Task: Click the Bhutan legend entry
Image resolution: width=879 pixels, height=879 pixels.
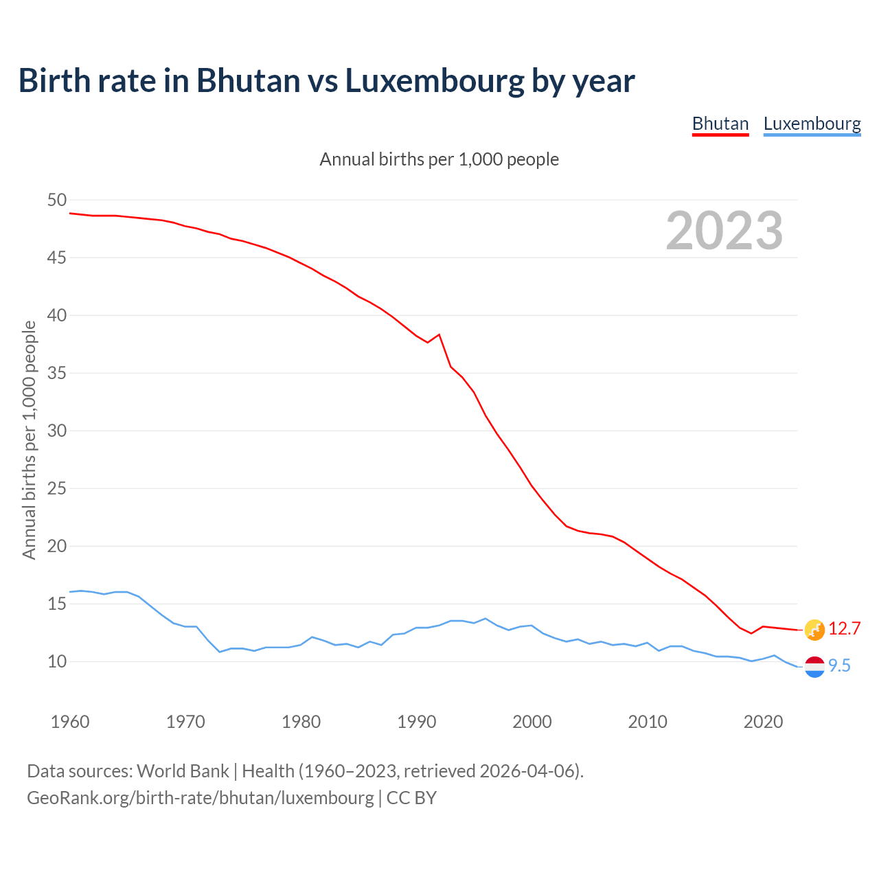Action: coord(720,124)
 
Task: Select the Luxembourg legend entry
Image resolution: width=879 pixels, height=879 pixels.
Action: coord(812,124)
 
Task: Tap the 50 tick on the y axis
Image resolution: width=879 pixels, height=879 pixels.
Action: coord(57,201)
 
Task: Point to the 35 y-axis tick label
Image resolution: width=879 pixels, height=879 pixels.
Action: coord(57,374)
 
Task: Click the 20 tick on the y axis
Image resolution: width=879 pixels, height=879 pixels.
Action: coord(57,547)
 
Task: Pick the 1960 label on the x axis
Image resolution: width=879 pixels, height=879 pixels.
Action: coord(70,722)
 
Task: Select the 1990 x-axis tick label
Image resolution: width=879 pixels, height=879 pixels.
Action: coord(417,722)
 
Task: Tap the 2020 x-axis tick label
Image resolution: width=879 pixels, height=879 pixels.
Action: coord(763,722)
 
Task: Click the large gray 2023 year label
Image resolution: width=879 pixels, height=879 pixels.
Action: coord(724,231)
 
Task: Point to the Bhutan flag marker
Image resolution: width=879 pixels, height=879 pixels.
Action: coord(814,629)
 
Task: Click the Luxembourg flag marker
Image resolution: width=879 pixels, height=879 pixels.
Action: coord(814,666)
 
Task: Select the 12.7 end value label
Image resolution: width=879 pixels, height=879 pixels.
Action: coord(844,628)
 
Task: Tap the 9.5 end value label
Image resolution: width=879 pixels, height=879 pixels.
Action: coord(839,665)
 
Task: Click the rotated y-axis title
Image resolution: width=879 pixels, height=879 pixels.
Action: coord(29,439)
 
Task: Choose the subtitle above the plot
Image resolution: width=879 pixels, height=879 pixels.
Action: coord(439,159)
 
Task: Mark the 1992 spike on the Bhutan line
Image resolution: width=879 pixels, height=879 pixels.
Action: coord(439,334)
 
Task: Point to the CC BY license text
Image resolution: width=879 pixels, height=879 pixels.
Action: coord(411,798)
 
